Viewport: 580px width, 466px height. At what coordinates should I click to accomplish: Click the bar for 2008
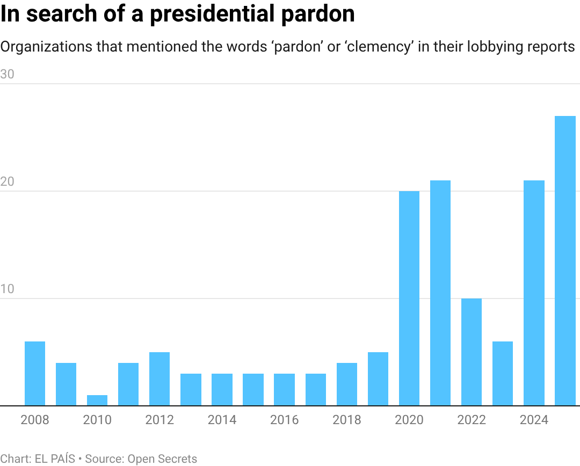pyautogui.click(x=35, y=374)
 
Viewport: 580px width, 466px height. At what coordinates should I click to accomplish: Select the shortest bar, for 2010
pyautogui.click(x=97, y=401)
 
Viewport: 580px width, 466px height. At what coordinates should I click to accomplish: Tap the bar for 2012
pyautogui.click(x=160, y=379)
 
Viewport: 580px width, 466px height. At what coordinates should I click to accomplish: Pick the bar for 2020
pyautogui.click(x=409, y=298)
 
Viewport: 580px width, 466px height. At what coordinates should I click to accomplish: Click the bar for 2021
pyautogui.click(x=440, y=293)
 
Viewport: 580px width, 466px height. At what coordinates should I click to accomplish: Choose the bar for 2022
pyautogui.click(x=472, y=352)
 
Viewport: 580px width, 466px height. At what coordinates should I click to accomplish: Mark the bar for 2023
pyautogui.click(x=503, y=374)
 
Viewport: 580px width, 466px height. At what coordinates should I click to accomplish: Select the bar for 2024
pyautogui.click(x=534, y=293)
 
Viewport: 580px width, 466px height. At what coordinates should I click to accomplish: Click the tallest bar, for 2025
pyautogui.click(x=565, y=261)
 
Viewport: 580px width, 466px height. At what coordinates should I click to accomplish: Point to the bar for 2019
pyautogui.click(x=378, y=379)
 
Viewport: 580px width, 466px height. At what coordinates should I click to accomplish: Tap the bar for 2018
pyautogui.click(x=347, y=384)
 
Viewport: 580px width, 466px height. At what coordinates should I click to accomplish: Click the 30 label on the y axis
pyautogui.click(x=8, y=75)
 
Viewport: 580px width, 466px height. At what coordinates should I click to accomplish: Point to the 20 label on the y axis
pyautogui.click(x=8, y=182)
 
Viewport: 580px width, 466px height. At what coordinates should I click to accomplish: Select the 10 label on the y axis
pyautogui.click(x=8, y=289)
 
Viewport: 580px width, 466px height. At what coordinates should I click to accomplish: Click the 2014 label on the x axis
pyautogui.click(x=222, y=420)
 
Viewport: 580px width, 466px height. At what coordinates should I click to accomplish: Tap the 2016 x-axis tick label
pyautogui.click(x=284, y=420)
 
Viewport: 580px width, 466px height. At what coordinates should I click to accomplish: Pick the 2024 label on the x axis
pyautogui.click(x=534, y=420)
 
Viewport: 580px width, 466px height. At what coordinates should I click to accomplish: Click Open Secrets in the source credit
pyautogui.click(x=162, y=458)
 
